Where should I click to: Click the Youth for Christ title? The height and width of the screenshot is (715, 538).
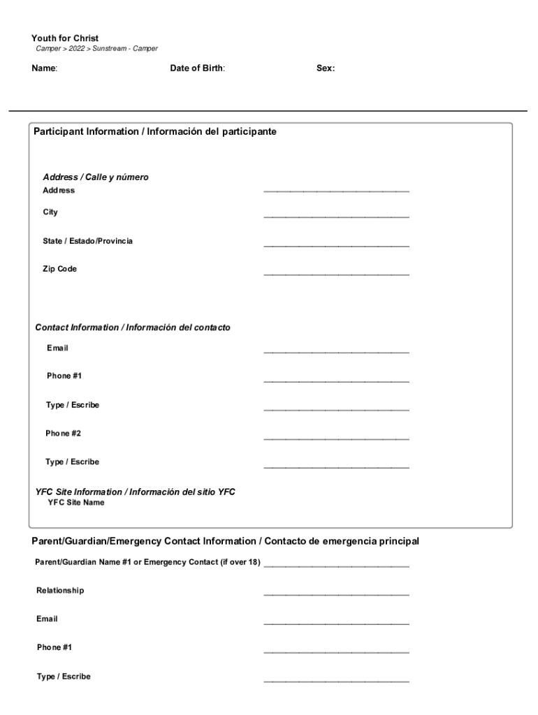click(65, 38)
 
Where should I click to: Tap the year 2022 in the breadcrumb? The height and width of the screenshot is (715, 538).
click(78, 49)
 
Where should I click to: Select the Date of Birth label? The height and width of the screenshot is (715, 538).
click(197, 68)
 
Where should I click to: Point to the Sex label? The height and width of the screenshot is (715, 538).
click(325, 68)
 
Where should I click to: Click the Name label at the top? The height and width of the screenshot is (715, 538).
click(44, 68)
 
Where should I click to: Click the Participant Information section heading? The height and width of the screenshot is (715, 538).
click(154, 131)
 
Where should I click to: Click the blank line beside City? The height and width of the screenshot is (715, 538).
click(336, 216)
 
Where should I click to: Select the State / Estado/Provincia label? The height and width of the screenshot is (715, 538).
click(87, 241)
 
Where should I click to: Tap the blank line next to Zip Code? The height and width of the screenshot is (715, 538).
click(336, 274)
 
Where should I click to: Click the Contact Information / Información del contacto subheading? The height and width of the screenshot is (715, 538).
click(133, 327)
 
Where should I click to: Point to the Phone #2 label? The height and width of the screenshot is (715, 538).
click(64, 434)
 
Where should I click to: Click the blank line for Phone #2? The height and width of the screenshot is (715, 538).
click(336, 438)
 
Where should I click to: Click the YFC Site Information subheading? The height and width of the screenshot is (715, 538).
click(136, 492)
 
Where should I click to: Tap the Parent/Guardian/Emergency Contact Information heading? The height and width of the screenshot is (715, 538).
click(225, 541)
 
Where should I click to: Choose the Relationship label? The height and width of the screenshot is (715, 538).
click(60, 591)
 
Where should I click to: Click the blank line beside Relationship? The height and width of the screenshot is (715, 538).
click(336, 595)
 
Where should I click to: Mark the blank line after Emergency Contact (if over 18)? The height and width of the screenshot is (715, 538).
click(336, 566)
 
